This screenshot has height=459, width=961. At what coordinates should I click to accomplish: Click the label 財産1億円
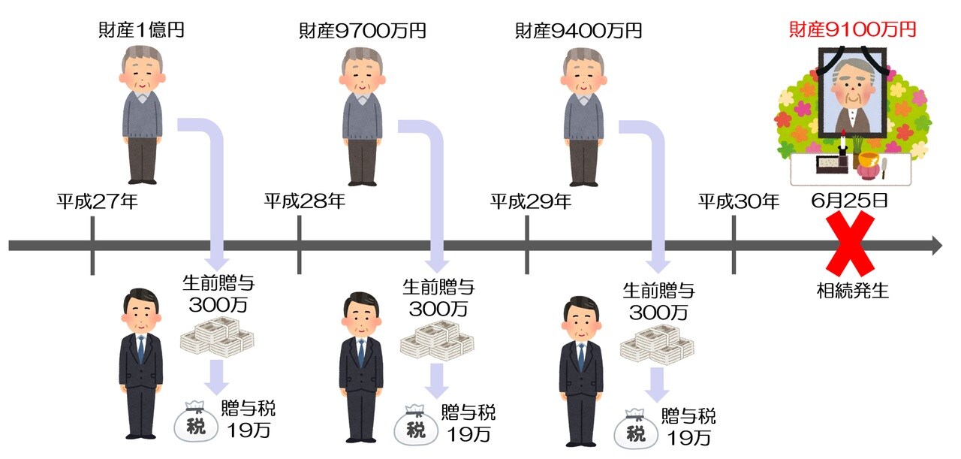(142, 31)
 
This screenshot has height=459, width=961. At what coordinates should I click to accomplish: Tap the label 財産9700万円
(363, 31)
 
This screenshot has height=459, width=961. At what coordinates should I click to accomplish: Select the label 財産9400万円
(578, 31)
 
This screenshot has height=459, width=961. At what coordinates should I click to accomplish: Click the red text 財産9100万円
(852, 30)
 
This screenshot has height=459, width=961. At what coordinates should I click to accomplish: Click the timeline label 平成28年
(305, 201)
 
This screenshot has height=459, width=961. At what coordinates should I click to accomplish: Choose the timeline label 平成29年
(532, 201)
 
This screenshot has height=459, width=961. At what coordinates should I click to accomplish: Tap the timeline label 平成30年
(739, 201)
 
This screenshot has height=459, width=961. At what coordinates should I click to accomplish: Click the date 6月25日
(850, 201)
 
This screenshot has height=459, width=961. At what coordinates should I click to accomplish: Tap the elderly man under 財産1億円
(141, 116)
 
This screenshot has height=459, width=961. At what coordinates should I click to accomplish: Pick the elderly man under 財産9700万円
(363, 116)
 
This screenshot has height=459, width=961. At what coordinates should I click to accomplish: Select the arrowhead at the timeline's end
(937, 245)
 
